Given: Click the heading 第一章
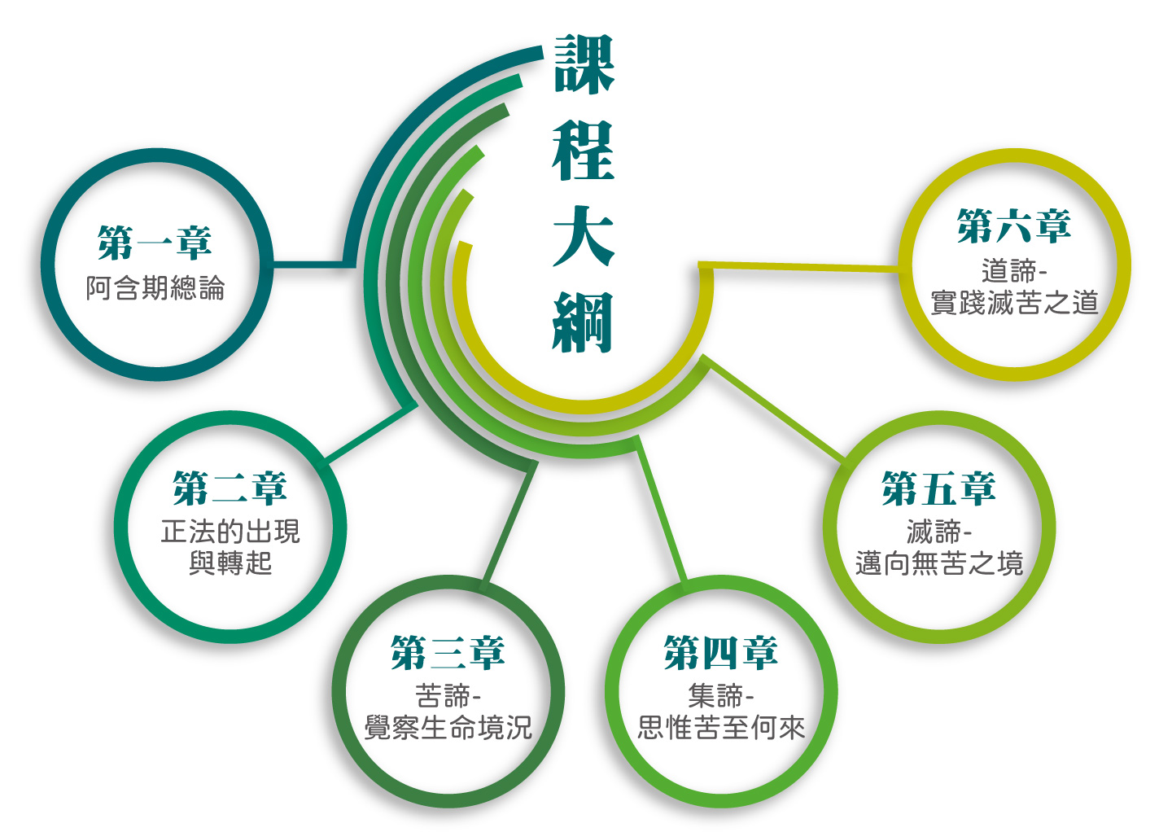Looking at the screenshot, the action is coord(155,243).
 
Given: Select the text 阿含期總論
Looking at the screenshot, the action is coord(155,288).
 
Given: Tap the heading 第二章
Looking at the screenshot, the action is coord(230,488).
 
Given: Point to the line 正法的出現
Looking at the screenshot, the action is coord(230,531).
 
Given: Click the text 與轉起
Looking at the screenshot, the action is coord(230,563).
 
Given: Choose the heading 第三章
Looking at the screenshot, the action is coord(448,653).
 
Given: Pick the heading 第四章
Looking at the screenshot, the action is coord(721,653).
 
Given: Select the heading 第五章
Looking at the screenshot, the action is coord(938,488).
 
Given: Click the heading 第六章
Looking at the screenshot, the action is coord(1014,226).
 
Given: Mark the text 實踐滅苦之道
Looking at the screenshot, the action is coord(1014,303).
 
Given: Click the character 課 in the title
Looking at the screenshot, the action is coord(584,63).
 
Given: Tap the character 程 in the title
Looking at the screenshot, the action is coord(584,150).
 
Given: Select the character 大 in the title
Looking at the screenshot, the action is coord(584,236).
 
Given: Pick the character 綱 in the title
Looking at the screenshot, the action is coord(583,322).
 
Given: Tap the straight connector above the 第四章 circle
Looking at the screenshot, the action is coord(660,507).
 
